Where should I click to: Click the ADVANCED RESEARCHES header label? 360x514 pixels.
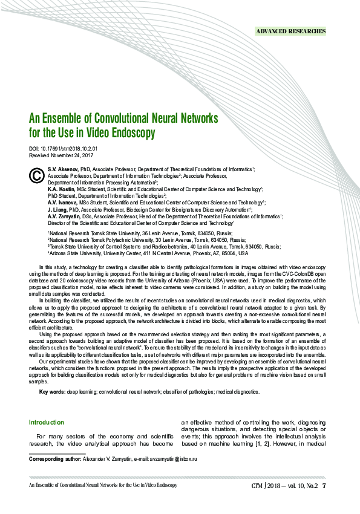point(291,31)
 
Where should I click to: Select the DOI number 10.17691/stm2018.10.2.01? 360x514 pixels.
point(72,148)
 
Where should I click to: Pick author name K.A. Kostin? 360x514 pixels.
point(61,189)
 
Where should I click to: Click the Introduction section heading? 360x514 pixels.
point(47,422)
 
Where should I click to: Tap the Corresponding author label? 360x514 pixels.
point(55,460)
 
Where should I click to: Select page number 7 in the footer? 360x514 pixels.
point(324,485)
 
